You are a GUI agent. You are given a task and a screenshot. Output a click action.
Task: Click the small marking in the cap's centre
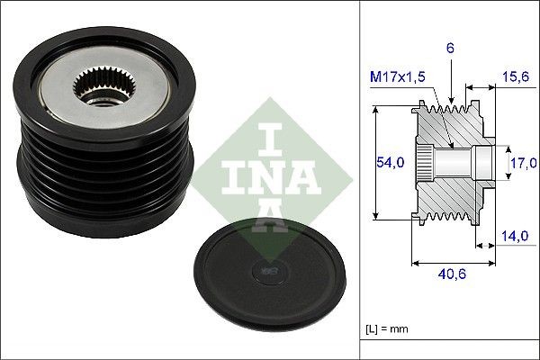(268, 267)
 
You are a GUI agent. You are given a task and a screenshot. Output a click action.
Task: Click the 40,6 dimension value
(449, 279)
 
